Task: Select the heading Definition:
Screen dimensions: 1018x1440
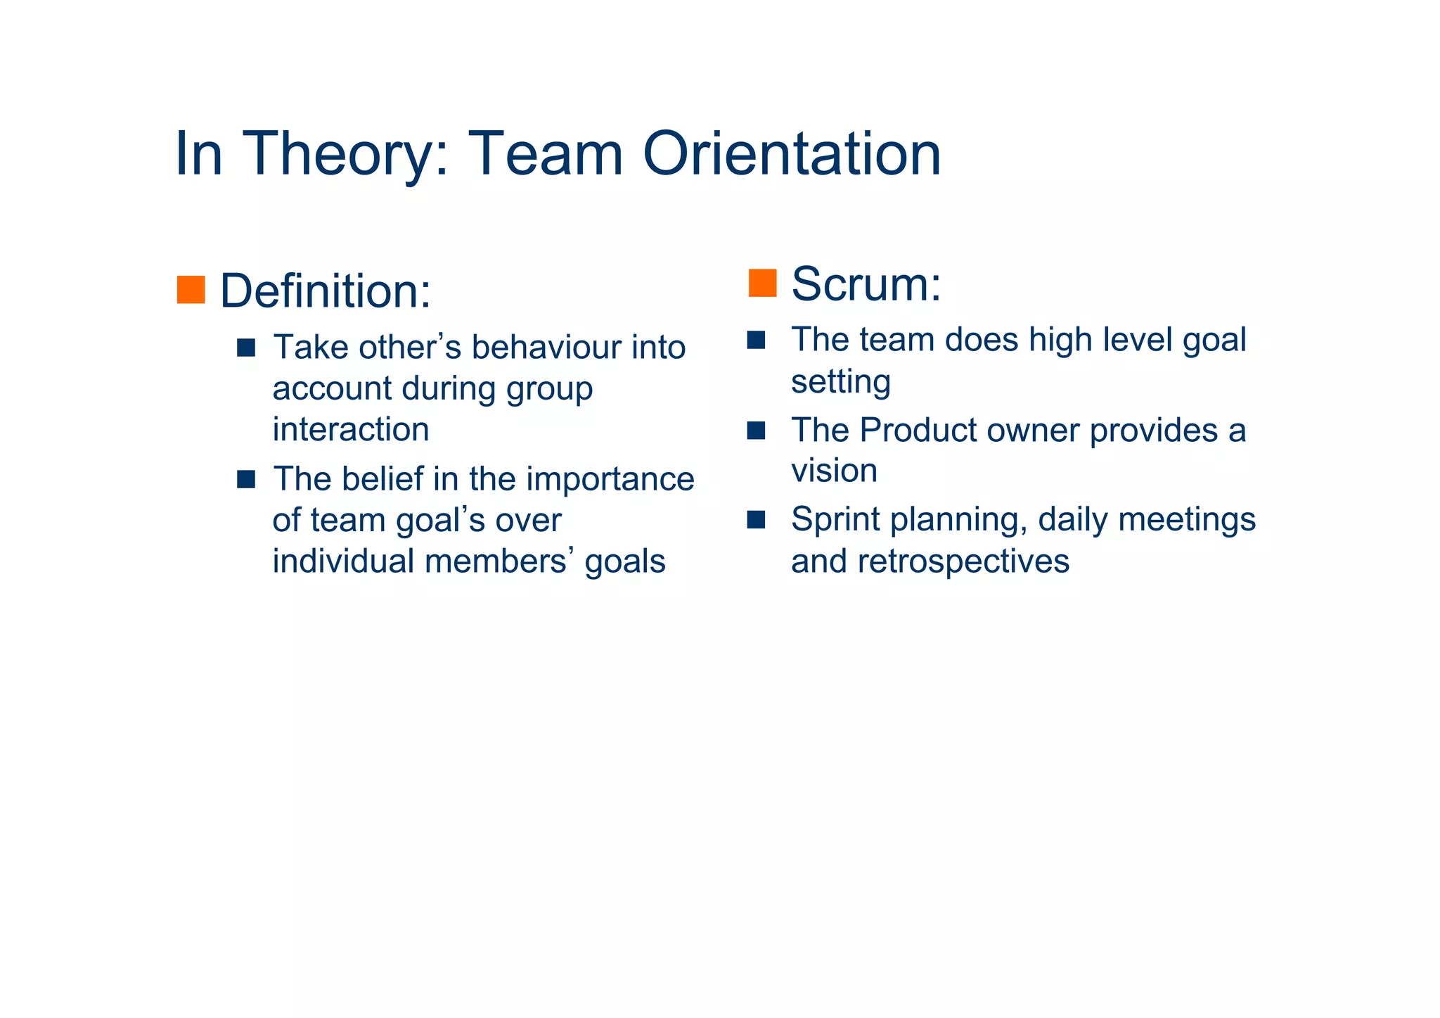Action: [x=325, y=291]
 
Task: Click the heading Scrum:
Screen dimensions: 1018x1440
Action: [x=866, y=284]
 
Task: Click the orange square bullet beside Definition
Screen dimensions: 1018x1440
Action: [x=191, y=290]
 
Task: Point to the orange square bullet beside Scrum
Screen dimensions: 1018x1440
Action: [x=762, y=283]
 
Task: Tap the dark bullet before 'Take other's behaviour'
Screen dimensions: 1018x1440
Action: [x=246, y=348]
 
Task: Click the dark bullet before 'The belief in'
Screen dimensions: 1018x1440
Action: [x=246, y=480]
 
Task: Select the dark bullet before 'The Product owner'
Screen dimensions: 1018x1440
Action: [x=756, y=431]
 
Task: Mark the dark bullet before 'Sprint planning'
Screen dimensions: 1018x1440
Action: [x=756, y=520]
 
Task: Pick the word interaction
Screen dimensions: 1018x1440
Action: [x=350, y=430]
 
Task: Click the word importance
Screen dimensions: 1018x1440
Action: [x=610, y=479]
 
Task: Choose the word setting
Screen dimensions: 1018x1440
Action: [x=840, y=382]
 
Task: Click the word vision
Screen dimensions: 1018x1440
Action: [x=834, y=471]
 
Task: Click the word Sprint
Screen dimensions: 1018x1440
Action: [x=835, y=520]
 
